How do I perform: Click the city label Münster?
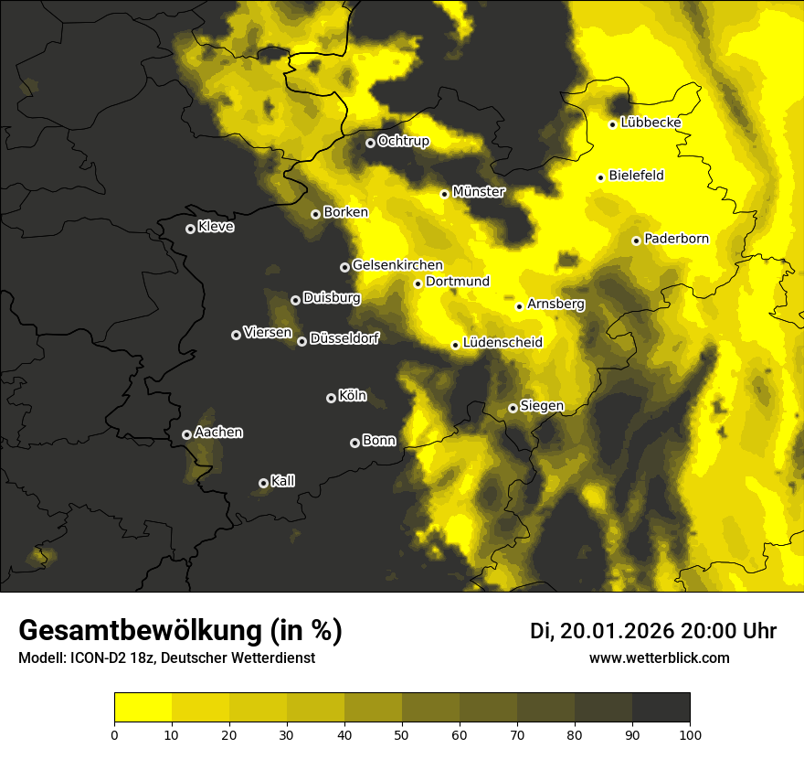(x=479, y=192)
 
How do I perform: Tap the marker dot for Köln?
(x=331, y=398)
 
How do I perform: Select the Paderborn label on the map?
(x=676, y=239)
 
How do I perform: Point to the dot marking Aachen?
(x=186, y=434)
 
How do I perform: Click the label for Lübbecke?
(x=651, y=123)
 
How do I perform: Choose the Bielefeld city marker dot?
(x=600, y=177)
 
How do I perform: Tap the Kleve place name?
(x=216, y=227)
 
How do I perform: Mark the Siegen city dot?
(x=513, y=408)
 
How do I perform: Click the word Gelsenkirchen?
(x=397, y=265)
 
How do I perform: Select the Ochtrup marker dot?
(x=370, y=143)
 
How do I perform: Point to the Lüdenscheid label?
(x=503, y=343)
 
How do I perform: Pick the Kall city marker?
(x=263, y=483)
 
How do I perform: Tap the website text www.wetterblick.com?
(x=659, y=657)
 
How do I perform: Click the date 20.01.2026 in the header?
(x=618, y=631)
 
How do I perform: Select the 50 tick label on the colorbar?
(x=402, y=733)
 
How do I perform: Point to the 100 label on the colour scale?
(x=690, y=733)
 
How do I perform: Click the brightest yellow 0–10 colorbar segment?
(x=143, y=708)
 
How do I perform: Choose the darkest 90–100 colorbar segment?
(x=661, y=708)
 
